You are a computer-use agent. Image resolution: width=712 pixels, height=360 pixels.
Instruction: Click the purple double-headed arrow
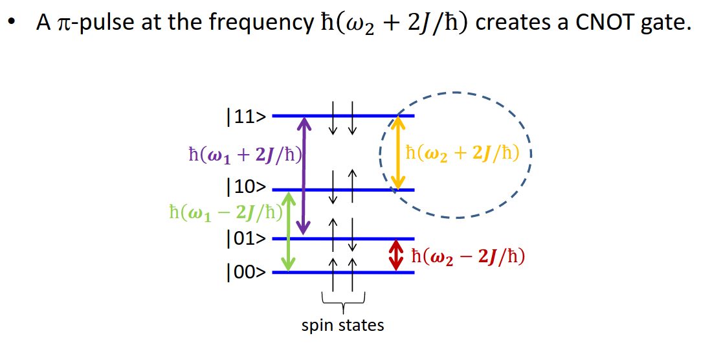tap(302, 175)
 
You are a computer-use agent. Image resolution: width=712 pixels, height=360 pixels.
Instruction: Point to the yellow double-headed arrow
tap(399, 153)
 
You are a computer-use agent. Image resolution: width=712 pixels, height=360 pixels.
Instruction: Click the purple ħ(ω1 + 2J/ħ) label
tap(246, 155)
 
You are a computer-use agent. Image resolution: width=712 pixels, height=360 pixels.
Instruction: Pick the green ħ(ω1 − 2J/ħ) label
tap(223, 212)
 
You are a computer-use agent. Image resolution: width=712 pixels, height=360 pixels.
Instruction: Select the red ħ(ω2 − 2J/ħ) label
tap(468, 257)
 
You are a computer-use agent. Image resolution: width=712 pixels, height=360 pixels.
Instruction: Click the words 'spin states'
tap(342, 325)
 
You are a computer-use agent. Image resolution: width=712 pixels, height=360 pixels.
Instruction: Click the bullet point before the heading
tap(11, 24)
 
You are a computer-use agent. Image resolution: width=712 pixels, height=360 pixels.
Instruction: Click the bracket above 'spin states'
tap(343, 299)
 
